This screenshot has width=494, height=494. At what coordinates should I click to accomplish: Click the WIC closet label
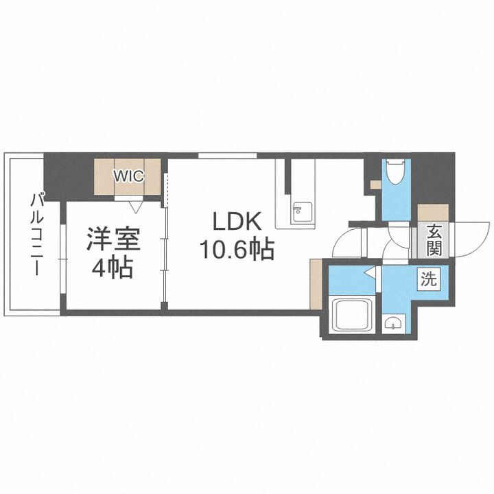(128, 176)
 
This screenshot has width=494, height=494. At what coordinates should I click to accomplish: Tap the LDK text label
(236, 222)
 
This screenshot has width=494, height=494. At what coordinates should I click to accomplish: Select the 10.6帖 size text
(237, 249)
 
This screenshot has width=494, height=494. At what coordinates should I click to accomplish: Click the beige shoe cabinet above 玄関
(433, 213)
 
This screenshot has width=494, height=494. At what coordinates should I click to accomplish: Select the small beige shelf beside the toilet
(375, 184)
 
